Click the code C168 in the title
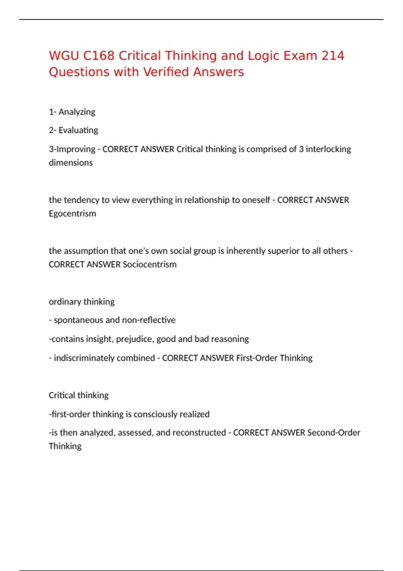click(x=98, y=56)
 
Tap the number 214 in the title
click(x=332, y=56)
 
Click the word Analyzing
click(x=77, y=112)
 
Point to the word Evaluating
click(x=78, y=130)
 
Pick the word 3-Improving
click(x=72, y=149)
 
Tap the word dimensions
click(x=71, y=163)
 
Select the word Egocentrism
click(x=72, y=214)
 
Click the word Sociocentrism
click(x=149, y=265)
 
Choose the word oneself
click(x=256, y=200)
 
